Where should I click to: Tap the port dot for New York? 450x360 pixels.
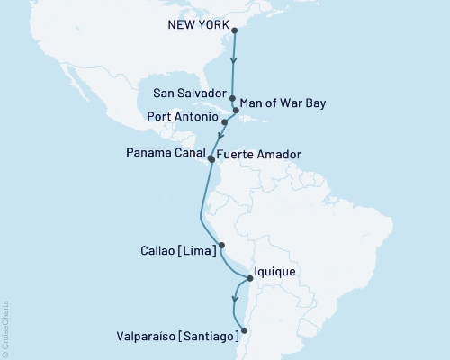click(x=235, y=31)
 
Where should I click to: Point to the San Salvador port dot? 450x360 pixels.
click(x=232, y=98)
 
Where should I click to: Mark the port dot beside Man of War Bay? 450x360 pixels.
click(x=237, y=111)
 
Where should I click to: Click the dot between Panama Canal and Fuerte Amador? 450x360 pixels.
click(x=211, y=157)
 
